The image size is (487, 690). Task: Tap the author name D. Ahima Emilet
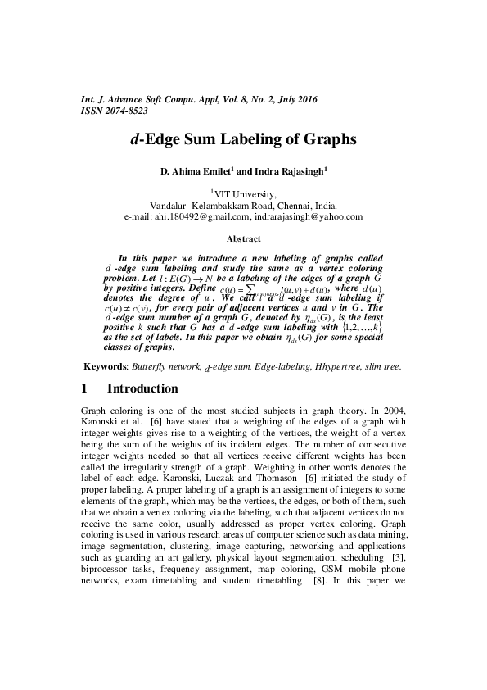pos(198,172)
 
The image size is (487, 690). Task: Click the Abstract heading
pos(243,239)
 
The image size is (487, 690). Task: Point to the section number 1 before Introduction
pos(86,388)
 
